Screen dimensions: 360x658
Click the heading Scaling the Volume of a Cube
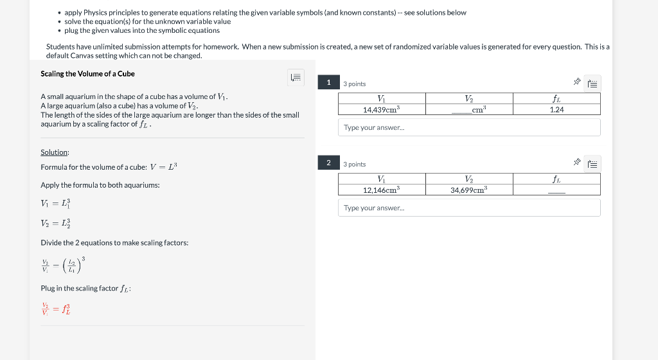click(x=87, y=74)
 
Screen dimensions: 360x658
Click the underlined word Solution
click(x=55, y=152)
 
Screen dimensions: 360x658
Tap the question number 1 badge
click(x=328, y=82)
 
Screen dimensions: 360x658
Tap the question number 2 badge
click(x=328, y=163)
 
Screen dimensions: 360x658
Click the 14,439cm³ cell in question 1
click(x=382, y=110)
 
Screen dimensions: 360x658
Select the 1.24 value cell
click(x=556, y=110)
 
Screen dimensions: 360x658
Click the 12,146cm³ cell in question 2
click(x=382, y=190)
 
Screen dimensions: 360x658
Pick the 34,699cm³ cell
click(x=469, y=190)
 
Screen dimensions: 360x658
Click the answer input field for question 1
click(x=469, y=127)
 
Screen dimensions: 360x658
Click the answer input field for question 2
click(x=469, y=208)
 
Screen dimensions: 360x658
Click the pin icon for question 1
click(x=577, y=82)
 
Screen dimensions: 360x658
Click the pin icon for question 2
click(x=577, y=163)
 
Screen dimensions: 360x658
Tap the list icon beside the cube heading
click(x=296, y=78)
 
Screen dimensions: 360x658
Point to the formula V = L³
click(x=163, y=167)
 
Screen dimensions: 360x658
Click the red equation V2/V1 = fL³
click(x=56, y=309)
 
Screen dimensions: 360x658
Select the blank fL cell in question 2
click(x=556, y=190)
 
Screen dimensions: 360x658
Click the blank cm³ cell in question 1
click(x=469, y=110)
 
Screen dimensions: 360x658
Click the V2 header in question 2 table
click(x=469, y=179)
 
